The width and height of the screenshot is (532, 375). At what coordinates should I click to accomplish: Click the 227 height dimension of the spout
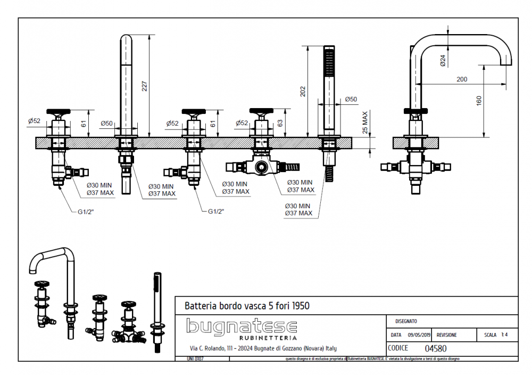coord(144,85)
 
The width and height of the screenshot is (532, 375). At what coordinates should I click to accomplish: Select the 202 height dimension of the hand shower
coord(303,91)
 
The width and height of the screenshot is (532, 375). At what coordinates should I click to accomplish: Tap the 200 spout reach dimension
coord(462,79)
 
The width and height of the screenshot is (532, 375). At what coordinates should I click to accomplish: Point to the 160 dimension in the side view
coord(479,100)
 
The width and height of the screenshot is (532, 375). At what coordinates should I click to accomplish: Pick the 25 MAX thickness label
coord(365,123)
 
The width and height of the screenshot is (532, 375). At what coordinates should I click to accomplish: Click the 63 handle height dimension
coord(280,123)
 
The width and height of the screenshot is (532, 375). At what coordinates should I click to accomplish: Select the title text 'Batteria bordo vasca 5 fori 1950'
coord(247,306)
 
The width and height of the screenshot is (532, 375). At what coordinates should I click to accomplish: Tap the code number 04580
coord(436,349)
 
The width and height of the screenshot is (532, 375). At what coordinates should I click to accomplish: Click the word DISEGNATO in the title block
coord(406,321)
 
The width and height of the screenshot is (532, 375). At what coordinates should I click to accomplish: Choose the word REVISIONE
coord(446,335)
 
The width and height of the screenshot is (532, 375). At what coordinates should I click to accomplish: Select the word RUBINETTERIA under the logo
coord(268,338)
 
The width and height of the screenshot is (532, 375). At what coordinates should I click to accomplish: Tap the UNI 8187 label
coord(195,359)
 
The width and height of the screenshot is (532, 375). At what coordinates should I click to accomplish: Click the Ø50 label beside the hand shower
coord(351,99)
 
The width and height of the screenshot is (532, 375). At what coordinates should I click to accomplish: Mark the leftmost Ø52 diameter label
coord(35,121)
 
